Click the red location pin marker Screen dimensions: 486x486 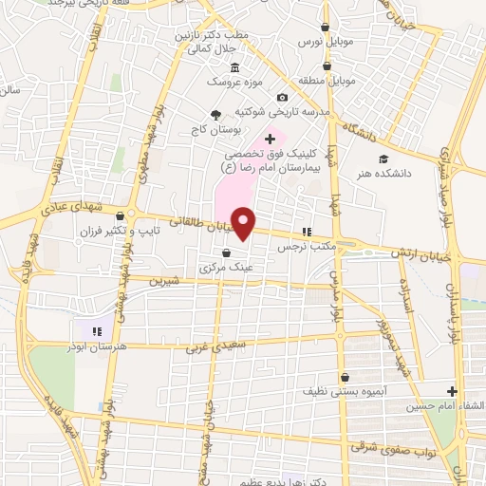245,223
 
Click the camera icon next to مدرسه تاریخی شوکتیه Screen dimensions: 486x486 282,97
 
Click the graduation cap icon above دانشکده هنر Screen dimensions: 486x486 383,159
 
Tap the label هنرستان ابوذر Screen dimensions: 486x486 124,347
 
